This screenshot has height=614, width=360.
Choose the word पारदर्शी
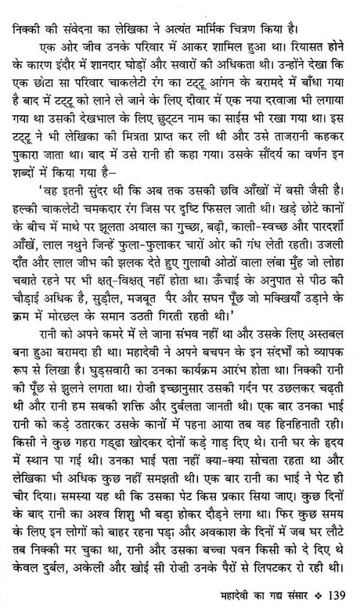[326, 228]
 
